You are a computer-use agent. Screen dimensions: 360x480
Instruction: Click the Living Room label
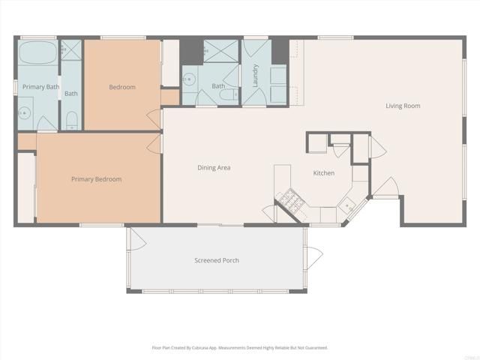pyautogui.click(x=403, y=106)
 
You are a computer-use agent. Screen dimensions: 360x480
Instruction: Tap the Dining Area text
pyautogui.click(x=214, y=168)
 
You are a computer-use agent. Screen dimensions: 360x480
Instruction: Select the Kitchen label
pyautogui.click(x=323, y=173)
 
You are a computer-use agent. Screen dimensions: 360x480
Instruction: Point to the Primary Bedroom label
pyautogui.click(x=96, y=179)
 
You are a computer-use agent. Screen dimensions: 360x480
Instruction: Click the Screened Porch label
pyautogui.click(x=217, y=260)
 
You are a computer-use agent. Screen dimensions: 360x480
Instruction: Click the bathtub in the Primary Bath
pyautogui.click(x=37, y=54)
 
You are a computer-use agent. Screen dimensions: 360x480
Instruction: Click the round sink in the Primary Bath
pyautogui.click(x=24, y=115)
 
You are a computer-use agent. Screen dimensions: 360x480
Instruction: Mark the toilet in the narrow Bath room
pyautogui.click(x=71, y=119)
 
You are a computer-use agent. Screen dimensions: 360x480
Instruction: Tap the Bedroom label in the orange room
pyautogui.click(x=122, y=87)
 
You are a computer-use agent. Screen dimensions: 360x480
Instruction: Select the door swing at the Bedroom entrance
pyautogui.click(x=156, y=118)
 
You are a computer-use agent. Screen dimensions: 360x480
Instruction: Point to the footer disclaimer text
pyautogui.click(x=240, y=348)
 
